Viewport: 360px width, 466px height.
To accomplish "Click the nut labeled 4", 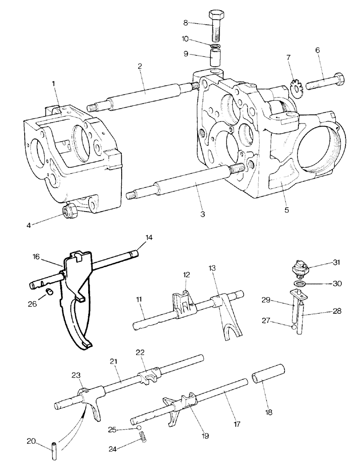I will click(x=70, y=212).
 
